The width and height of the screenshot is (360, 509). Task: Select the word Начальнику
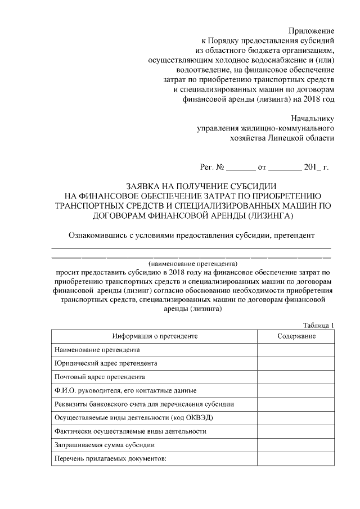313,118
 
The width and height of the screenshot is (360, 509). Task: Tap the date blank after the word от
285,168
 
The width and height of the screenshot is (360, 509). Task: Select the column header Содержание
296,336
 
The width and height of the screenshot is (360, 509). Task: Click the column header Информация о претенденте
155,336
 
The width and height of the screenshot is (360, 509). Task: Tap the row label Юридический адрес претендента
106,363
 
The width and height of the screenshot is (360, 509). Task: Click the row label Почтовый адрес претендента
100,377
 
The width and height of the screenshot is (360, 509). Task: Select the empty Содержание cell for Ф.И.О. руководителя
296,390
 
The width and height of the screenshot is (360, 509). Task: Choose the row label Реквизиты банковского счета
144,404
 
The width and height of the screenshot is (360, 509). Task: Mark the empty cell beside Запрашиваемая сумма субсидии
296,445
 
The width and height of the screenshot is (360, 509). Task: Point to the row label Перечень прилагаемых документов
111,458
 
